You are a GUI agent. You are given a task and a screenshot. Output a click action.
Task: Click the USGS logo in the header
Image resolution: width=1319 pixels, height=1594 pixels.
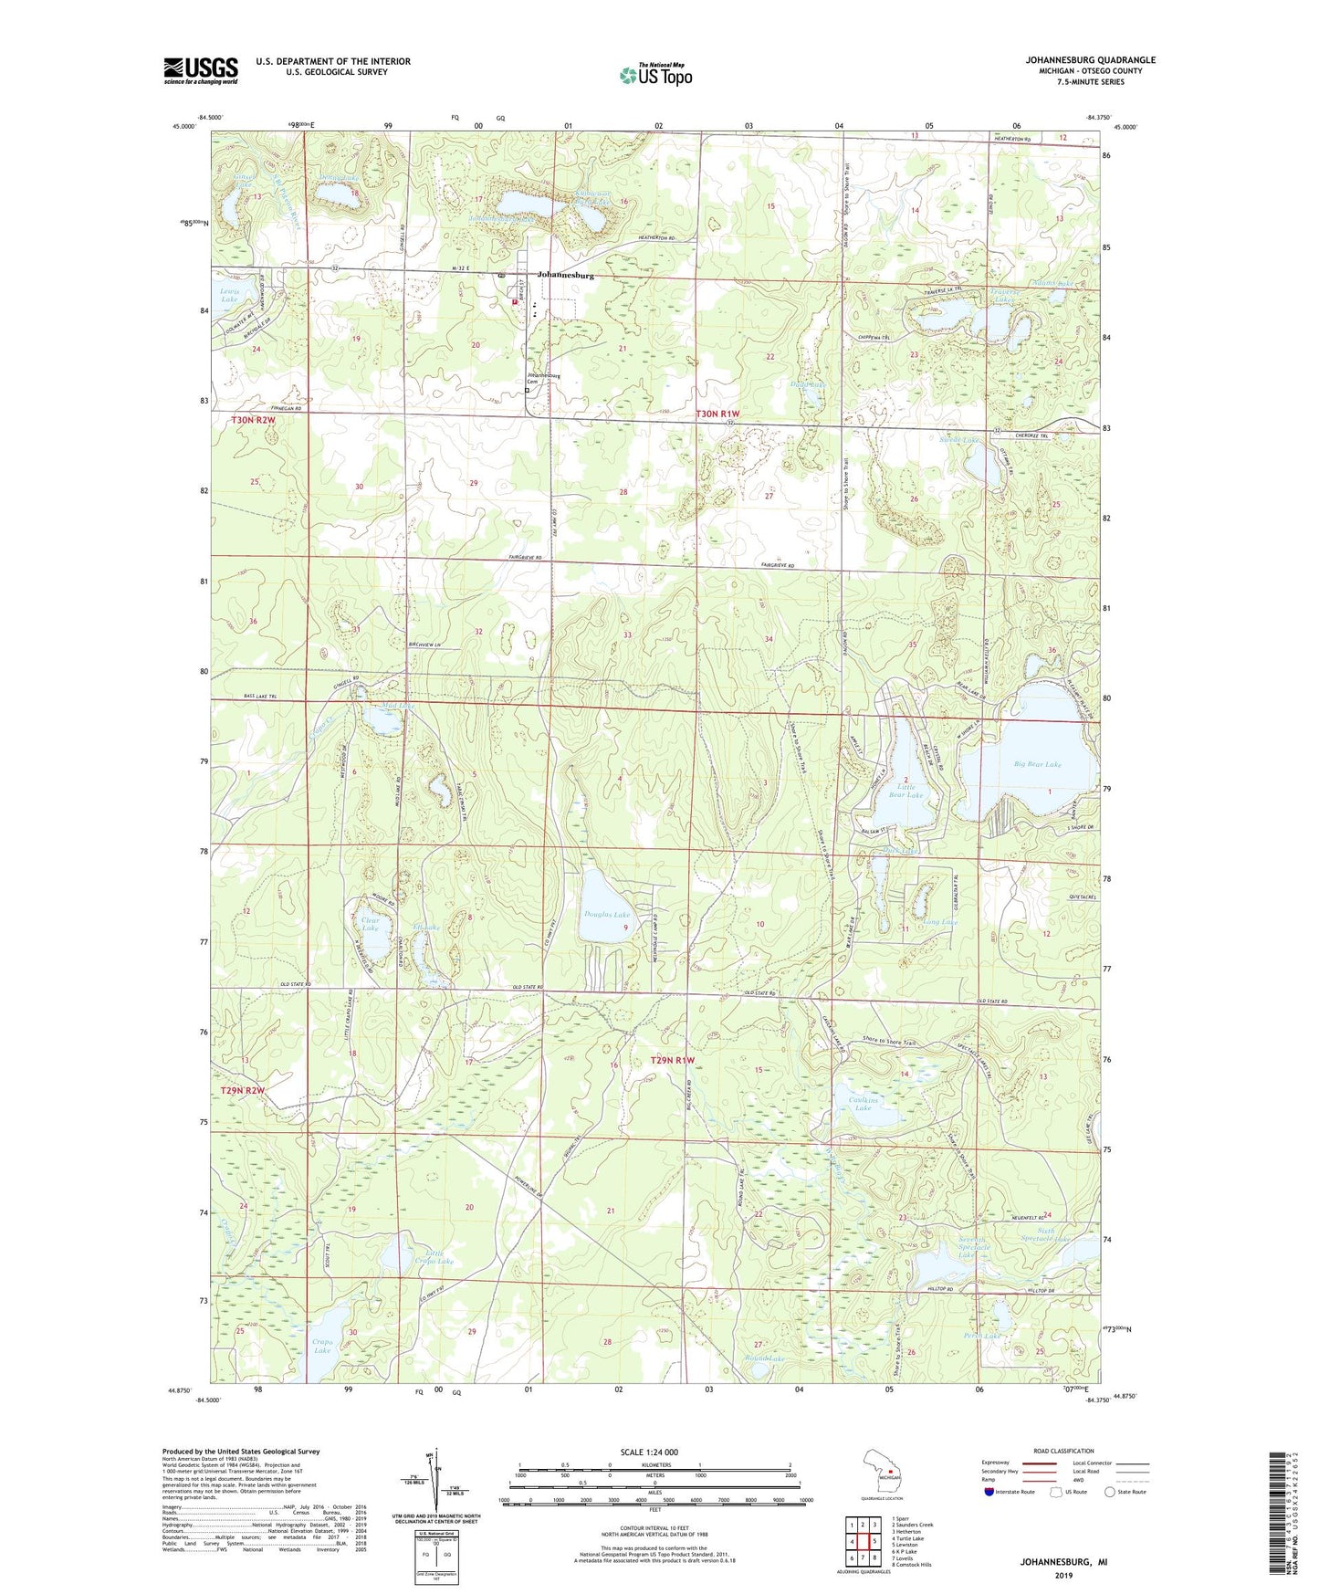[201, 70]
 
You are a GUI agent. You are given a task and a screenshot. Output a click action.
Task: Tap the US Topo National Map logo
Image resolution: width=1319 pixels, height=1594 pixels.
[654, 75]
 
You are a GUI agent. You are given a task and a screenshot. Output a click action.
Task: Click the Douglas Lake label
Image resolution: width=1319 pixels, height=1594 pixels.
[607, 915]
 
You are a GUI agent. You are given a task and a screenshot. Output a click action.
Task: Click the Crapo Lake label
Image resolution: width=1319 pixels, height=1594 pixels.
[322, 1346]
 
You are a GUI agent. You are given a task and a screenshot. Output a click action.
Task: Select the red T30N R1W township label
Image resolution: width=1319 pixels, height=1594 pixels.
[717, 414]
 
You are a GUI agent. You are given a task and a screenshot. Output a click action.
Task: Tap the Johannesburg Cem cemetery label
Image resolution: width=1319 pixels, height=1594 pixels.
[542, 378]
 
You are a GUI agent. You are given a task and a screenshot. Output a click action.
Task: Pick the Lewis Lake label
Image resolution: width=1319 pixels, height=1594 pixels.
[229, 295]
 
